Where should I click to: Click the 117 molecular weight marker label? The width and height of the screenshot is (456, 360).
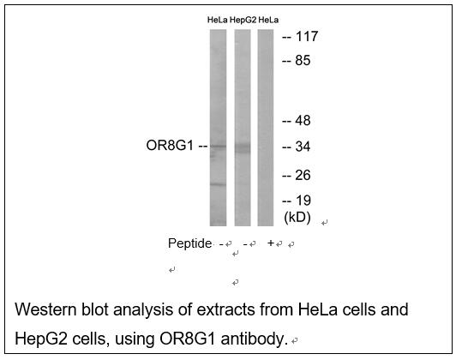coord(307,37)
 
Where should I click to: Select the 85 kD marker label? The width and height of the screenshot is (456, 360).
coord(303,61)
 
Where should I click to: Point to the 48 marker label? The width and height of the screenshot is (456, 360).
coord(303,120)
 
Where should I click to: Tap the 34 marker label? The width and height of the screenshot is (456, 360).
coord(303,147)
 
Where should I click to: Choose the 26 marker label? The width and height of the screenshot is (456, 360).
coord(303,175)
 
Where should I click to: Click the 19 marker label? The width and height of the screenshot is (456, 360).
coord(303,201)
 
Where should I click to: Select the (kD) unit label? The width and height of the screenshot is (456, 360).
coord(297,218)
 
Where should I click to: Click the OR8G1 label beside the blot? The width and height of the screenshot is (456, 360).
coord(170,146)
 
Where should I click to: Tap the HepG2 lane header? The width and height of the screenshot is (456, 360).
coord(243,20)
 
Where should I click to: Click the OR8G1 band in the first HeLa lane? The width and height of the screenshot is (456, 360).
coord(218,146)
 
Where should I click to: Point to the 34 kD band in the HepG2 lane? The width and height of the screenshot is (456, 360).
coord(243,147)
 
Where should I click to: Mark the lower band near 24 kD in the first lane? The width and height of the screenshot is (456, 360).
coord(218,184)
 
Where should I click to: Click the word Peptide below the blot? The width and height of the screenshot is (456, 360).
coord(190,243)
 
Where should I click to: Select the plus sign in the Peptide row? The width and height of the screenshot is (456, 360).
coord(271,243)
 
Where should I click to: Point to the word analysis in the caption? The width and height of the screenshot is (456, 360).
coord(143,310)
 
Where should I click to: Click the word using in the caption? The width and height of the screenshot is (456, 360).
coord(135,339)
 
